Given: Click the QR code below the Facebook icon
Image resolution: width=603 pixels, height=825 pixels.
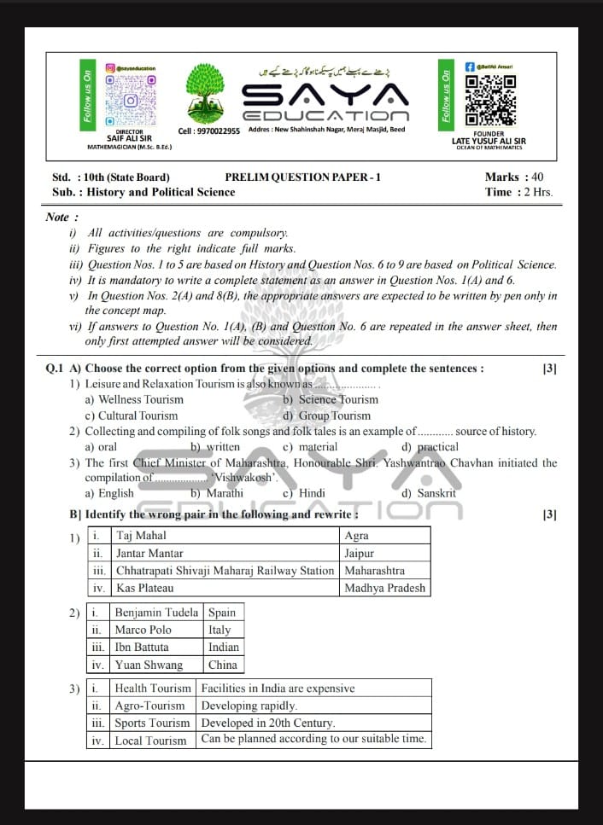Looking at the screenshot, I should (490, 100).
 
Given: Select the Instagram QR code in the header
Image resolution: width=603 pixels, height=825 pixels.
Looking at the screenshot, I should (131, 99).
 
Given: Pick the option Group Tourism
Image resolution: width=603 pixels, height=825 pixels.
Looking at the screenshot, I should (334, 415).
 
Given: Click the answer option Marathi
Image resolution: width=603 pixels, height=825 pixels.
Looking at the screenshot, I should (225, 493).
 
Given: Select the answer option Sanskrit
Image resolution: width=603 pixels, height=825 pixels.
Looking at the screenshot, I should (436, 493).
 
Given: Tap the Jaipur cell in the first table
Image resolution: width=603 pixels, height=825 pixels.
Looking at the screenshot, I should (359, 553).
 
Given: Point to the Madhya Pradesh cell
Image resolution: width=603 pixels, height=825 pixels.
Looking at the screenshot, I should (383, 588).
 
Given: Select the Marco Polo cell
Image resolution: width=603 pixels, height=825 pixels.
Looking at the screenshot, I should (143, 630).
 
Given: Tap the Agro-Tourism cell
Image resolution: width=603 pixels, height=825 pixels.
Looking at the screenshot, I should (149, 706).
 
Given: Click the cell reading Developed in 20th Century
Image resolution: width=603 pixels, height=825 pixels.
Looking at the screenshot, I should (267, 723).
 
